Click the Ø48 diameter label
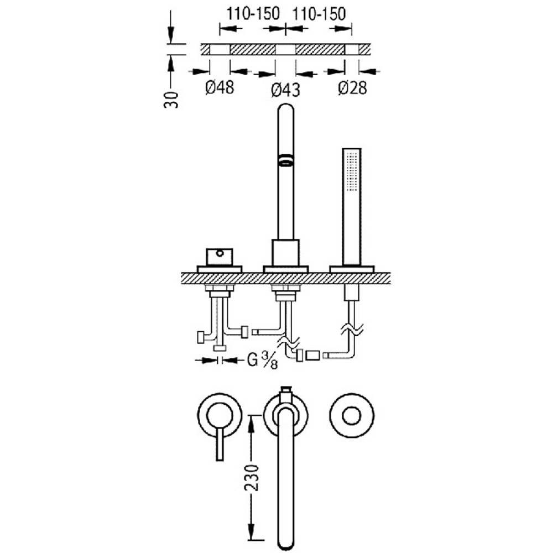pos(220,87)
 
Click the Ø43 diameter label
pos(286,90)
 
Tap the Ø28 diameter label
pos(352,87)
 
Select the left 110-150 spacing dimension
pos(253,14)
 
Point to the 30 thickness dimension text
pos(171,100)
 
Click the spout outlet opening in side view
pos(286,159)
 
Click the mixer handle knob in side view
pos(220,257)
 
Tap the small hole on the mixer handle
pos(220,253)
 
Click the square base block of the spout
pos(286,253)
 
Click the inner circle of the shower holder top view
pos(352,416)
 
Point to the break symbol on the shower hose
pos(352,330)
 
